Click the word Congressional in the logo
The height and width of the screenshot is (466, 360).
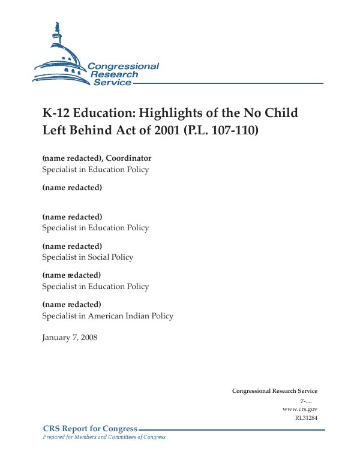pos(123,66)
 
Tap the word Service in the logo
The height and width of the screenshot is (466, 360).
pos(112,82)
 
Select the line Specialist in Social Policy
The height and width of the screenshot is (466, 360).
pos(88,257)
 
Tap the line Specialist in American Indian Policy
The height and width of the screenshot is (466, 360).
pos(107,316)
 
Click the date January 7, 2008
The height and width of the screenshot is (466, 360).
pos(70,338)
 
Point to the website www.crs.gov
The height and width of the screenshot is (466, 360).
pos(299,409)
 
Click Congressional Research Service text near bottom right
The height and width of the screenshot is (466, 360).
pos(274,391)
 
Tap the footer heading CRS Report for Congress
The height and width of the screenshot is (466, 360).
pos(90,429)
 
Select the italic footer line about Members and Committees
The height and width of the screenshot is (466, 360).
pos(104,437)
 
